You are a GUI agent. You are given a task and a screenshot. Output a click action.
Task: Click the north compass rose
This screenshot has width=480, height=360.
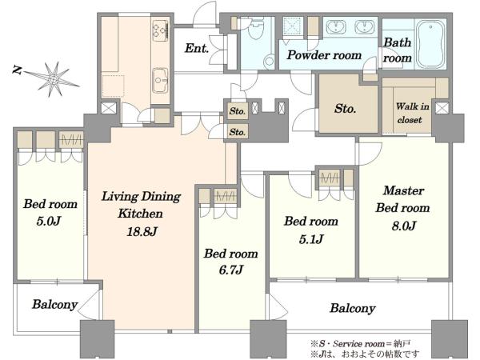54,79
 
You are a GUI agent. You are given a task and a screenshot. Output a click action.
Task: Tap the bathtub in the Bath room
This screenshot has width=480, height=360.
430,44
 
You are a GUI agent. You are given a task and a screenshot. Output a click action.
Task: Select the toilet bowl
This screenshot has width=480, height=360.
255,29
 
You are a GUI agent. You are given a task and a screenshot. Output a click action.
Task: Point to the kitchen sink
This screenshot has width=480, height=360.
160,80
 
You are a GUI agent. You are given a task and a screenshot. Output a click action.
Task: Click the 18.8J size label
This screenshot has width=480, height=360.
142,232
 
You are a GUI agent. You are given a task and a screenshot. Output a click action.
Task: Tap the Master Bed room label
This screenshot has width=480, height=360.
403,199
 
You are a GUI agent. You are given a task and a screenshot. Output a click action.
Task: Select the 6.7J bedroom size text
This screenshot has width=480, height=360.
231,270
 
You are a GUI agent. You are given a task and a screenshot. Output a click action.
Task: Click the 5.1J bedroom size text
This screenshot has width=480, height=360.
311,238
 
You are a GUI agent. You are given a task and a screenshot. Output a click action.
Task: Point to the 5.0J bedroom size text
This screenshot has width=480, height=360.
49,221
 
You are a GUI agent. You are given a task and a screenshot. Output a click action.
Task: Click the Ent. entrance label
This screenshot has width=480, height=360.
197,48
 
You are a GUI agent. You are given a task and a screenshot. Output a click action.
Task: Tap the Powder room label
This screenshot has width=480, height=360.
325,55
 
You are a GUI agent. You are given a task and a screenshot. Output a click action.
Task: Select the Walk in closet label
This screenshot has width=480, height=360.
412,113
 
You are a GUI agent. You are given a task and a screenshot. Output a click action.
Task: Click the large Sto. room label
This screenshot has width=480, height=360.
345,108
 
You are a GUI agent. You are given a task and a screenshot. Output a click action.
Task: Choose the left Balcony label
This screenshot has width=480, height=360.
54,304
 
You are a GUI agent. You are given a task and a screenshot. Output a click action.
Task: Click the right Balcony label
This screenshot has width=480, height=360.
353,308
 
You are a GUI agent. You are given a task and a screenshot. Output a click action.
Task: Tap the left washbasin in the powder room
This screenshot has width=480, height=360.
336,26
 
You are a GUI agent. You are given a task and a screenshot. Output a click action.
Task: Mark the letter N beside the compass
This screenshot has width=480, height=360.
18,70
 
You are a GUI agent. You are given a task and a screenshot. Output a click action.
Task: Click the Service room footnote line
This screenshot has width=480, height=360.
360,343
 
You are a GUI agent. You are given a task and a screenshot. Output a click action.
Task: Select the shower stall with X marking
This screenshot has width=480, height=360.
293,26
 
